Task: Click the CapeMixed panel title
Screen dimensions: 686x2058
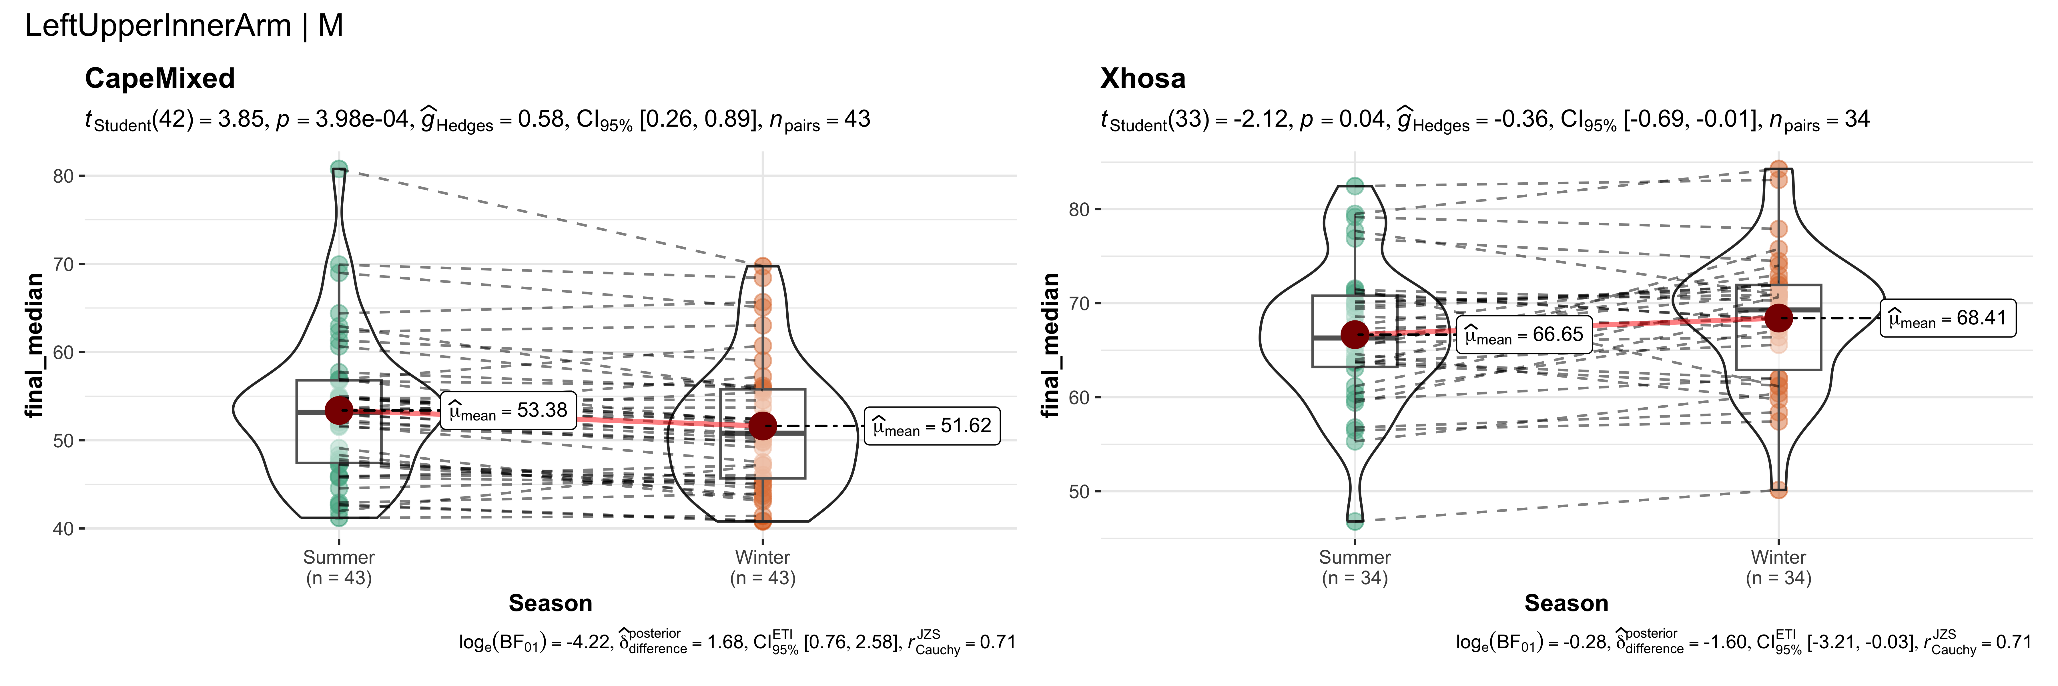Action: pos(160,78)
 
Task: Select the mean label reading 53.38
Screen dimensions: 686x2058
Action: pos(508,410)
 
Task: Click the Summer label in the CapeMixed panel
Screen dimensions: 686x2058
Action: pos(339,557)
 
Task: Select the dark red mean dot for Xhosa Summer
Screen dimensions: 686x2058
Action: pos(1355,335)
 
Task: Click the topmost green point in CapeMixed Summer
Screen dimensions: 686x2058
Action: pos(339,169)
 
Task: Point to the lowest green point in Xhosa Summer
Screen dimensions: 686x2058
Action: pos(1355,521)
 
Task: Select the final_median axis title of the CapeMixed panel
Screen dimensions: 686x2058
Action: pos(33,345)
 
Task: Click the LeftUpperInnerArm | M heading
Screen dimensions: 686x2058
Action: pos(184,25)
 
